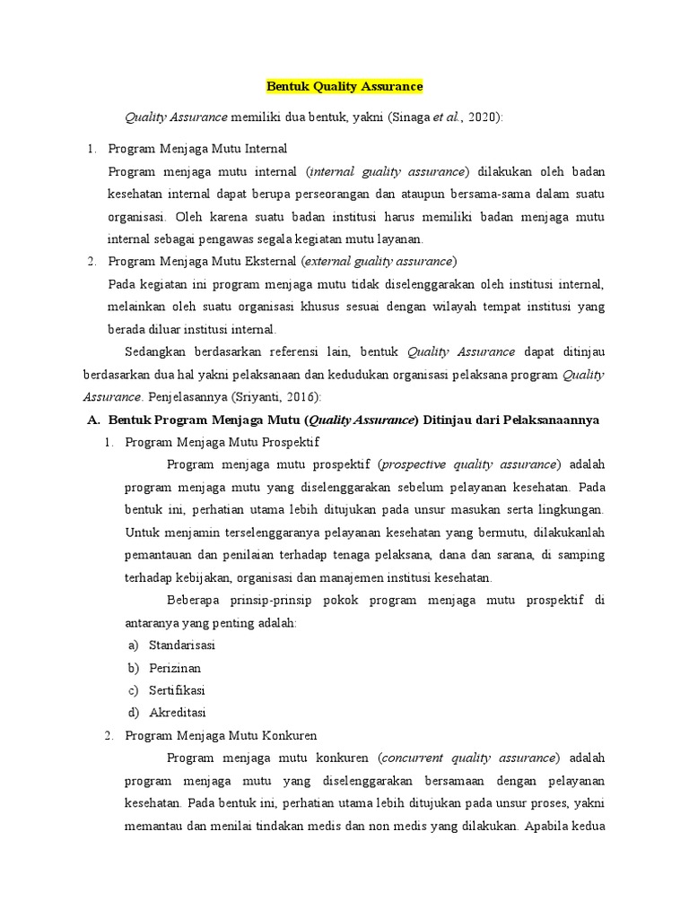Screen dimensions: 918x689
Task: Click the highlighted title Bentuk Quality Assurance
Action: pos(344,87)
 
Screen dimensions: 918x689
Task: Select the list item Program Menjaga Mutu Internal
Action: pos(197,148)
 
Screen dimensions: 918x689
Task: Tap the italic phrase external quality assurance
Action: pos(379,261)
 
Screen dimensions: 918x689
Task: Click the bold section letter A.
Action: pos(92,420)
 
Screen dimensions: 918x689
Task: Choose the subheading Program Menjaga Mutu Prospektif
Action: pos(222,442)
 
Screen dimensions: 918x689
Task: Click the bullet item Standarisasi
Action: pos(182,645)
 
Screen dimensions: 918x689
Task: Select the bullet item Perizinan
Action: pos(175,668)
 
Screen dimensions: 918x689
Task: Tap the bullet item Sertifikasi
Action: pos(178,690)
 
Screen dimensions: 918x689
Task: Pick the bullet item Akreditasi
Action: pos(178,713)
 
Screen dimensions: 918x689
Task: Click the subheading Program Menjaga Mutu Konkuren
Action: pos(221,735)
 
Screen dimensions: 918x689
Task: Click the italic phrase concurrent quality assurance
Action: pos(469,758)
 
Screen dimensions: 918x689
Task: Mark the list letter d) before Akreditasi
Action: pos(134,713)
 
